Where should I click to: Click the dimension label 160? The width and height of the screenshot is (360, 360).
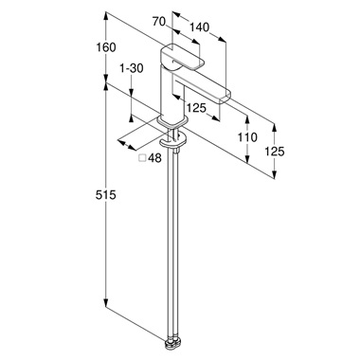(x=106, y=47)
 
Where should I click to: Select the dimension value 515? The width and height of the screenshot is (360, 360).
(x=106, y=195)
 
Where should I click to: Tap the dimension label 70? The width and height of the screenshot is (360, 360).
(x=159, y=22)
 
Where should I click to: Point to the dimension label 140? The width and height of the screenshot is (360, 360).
(x=199, y=27)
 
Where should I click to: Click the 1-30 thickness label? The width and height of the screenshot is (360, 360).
(x=132, y=68)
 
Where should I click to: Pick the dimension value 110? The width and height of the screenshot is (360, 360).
(x=247, y=137)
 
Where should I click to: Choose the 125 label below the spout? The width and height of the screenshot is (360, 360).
(x=196, y=108)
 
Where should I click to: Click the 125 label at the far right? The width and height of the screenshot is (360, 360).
(x=275, y=152)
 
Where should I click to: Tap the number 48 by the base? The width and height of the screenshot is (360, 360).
(x=154, y=157)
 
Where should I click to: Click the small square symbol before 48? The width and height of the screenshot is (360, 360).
(x=143, y=157)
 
